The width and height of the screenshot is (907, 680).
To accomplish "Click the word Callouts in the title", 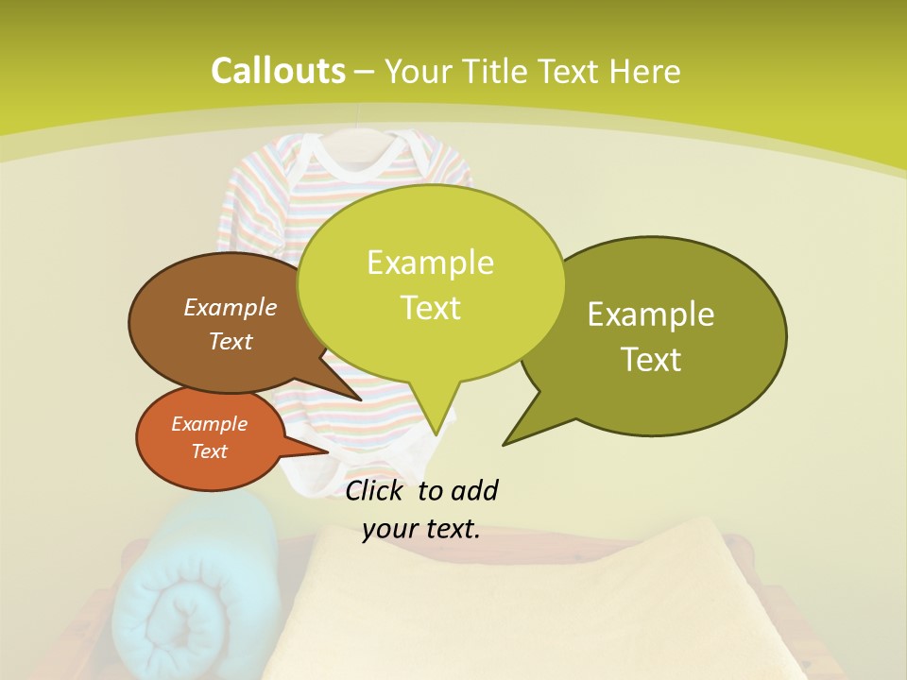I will (x=278, y=71).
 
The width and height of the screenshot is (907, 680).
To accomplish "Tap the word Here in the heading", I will (x=645, y=72).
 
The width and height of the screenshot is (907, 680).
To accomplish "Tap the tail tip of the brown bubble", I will (x=361, y=400).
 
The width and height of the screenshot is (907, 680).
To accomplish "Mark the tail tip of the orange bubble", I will (x=330, y=451).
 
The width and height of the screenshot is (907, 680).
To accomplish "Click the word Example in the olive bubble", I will (x=651, y=314).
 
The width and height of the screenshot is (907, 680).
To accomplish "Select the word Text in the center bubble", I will (x=431, y=308).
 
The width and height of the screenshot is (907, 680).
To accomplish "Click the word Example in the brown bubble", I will (x=230, y=307).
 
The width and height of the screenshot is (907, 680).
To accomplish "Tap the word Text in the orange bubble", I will (x=209, y=451).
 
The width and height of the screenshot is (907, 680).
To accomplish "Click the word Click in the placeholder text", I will (x=377, y=490).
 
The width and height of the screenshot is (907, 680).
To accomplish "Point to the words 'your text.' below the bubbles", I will (x=421, y=529).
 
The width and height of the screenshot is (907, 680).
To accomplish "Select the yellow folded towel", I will (x=529, y=604).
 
